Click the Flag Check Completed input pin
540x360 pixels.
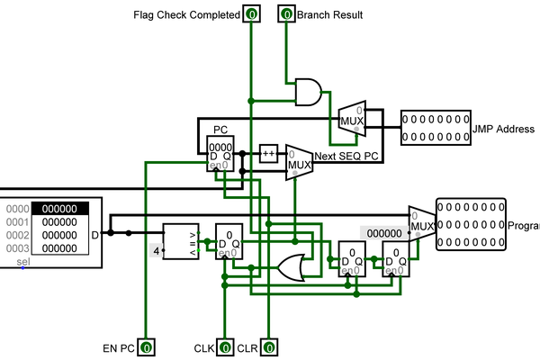[251, 14]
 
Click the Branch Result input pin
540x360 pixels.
[286, 14]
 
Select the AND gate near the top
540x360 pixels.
[309, 91]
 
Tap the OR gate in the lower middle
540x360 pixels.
[292, 266]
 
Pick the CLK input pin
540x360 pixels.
[223, 346]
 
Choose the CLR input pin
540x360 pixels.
[268, 346]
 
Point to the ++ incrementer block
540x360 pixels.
[269, 153]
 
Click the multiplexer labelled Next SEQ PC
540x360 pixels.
[298, 162]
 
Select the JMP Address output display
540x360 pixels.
[436, 128]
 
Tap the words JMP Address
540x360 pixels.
[504, 130]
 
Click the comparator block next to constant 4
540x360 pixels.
[180, 241]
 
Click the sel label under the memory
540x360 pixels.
[24, 262]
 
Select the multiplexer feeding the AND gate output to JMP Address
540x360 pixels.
[351, 116]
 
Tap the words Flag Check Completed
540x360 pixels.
[186, 15]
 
